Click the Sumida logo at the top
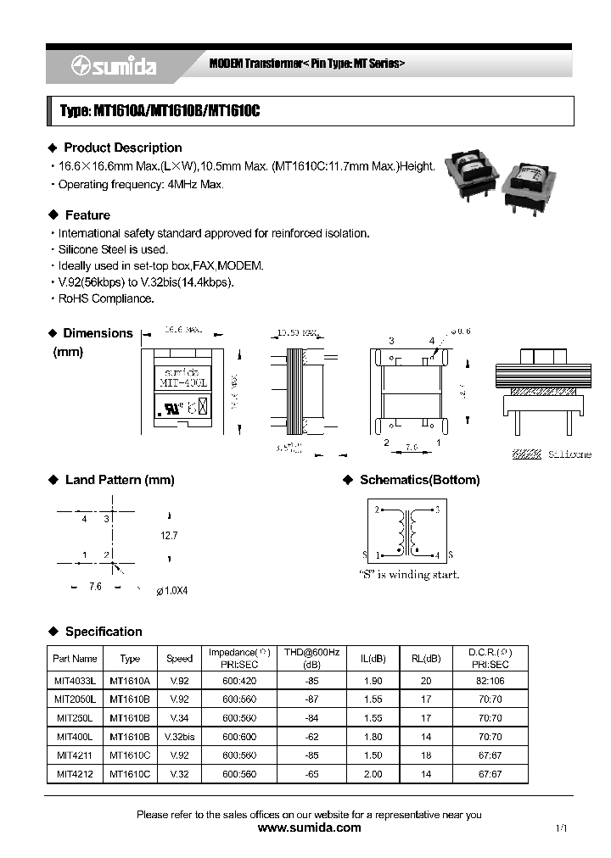(113, 67)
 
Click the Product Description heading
(122, 148)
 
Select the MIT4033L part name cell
(75, 681)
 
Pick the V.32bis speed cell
(179, 738)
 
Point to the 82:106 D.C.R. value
(490, 681)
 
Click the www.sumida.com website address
(309, 827)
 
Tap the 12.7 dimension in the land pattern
(170, 536)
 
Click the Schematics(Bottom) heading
(419, 480)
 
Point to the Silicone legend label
(569, 455)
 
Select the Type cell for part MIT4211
(130, 755)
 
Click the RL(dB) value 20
(432, 681)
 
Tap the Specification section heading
(104, 632)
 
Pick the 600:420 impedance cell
(239, 681)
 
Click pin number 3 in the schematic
(436, 510)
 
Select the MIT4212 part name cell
(75, 774)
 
